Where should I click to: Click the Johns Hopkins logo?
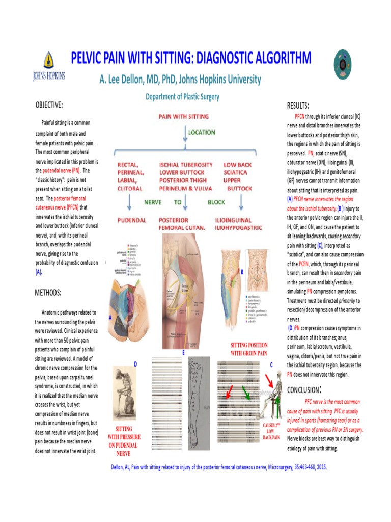click(48, 67)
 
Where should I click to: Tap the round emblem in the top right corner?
click(342, 62)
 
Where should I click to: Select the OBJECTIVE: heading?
click(49, 105)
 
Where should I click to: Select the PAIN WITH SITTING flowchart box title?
click(184, 117)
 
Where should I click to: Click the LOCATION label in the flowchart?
click(202, 132)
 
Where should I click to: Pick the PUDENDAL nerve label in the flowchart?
click(132, 220)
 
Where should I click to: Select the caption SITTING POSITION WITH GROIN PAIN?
click(249, 349)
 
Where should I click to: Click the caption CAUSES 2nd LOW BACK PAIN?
click(271, 431)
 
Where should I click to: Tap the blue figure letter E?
click(183, 352)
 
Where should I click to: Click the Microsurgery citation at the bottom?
click(218, 467)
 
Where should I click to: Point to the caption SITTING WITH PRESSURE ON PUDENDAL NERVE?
click(124, 441)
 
